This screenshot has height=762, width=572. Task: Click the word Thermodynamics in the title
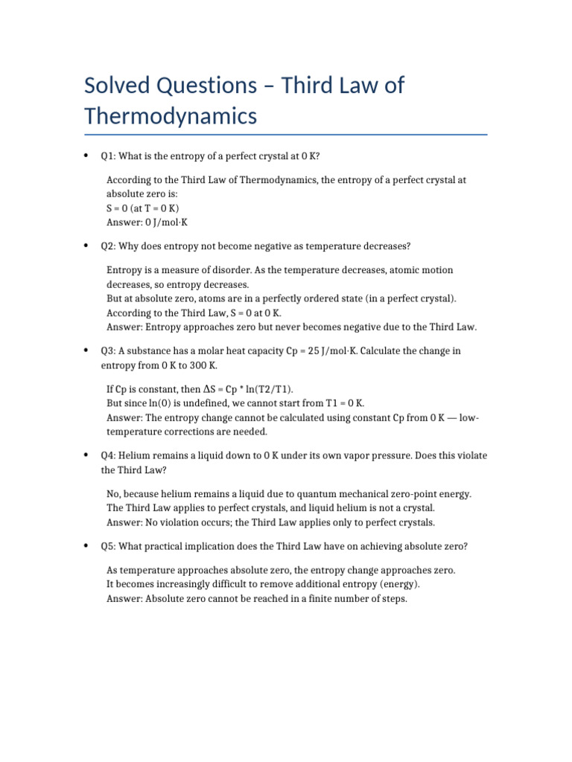pos(171,117)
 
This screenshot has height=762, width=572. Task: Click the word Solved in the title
pos(118,86)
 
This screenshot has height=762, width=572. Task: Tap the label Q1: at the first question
pos(109,156)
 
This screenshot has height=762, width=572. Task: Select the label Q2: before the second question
pos(109,246)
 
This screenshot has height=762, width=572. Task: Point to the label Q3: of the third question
pos(109,350)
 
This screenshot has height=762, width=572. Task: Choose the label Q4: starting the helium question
pos(109,455)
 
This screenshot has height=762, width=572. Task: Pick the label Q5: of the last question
pos(109,546)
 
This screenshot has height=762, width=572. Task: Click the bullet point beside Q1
pos(88,156)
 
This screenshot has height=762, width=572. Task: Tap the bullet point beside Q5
pos(88,546)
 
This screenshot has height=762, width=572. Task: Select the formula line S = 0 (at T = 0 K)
pos(143,208)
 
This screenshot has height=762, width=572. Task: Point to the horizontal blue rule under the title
pos(286,135)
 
